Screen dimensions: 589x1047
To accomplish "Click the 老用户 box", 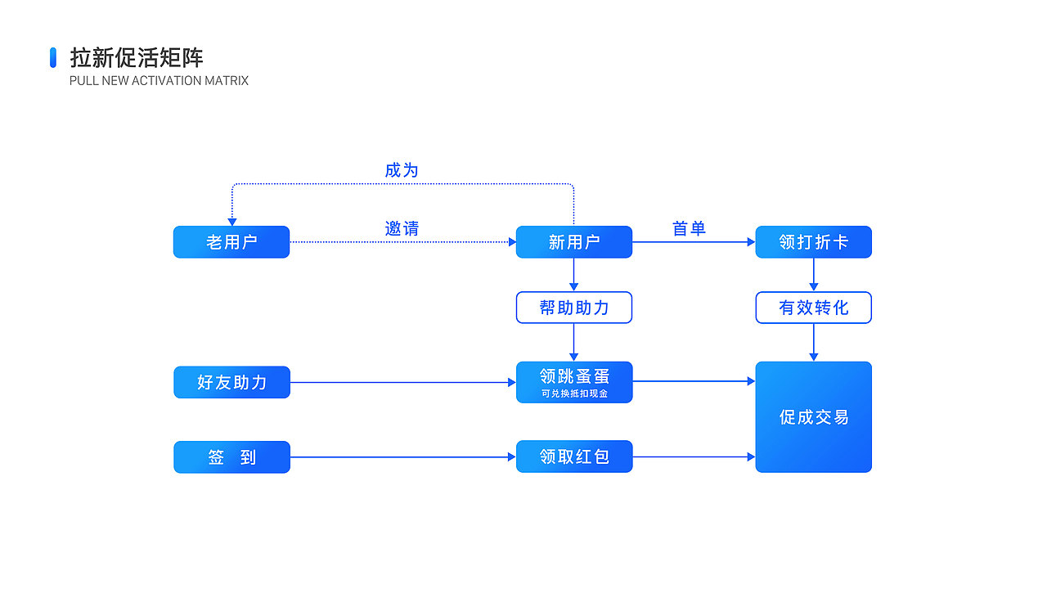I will [231, 242].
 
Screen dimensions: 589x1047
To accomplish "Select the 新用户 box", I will [573, 242].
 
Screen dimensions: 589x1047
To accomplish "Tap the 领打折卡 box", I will [813, 242].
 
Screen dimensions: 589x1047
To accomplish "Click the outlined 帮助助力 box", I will [573, 308].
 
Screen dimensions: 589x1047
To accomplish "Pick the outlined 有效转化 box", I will [813, 308].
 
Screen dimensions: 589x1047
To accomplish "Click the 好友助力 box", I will [231, 382].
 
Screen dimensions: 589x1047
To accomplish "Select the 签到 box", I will [231, 457].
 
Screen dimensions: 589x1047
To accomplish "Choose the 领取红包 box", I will [573, 456].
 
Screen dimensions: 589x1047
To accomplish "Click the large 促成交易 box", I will [813, 417].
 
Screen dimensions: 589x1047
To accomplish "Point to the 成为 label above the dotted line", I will [402, 170].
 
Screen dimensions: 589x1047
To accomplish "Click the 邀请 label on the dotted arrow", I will [402, 229].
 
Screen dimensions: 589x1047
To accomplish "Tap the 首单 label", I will [689, 229].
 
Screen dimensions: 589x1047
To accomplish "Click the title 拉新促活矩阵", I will [137, 57].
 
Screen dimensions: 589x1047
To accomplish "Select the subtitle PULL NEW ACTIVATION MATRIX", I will [159, 81].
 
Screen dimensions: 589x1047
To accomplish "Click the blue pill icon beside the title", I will [53, 57].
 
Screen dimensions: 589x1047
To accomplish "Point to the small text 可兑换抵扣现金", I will [573, 393].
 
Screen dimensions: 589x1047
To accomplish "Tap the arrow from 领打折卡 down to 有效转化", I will [813, 275].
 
